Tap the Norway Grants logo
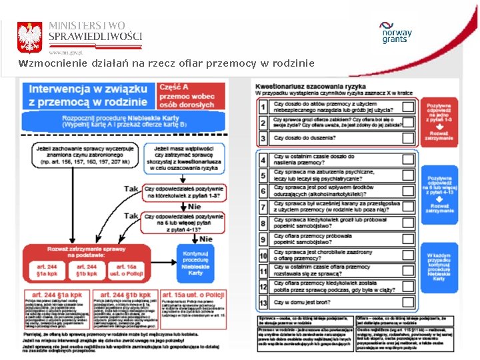pyautogui.click(x=397, y=33)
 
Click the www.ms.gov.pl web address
pyautogui.click(x=65, y=51)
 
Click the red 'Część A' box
pyautogui.click(x=188, y=95)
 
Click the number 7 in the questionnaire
pyautogui.click(x=263, y=207)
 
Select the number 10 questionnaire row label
pyautogui.click(x=263, y=255)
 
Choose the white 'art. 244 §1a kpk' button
pyautogui.click(x=47, y=270)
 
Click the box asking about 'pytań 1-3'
pyautogui.click(x=185, y=192)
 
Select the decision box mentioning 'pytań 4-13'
pyautogui.click(x=185, y=221)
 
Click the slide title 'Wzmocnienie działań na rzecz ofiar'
pyautogui.click(x=167, y=63)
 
